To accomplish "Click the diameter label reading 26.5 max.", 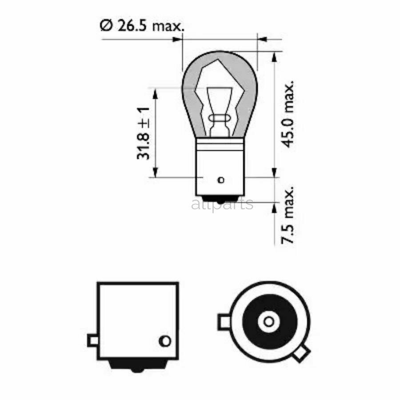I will [x=141, y=26].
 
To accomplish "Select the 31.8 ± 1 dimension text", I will [x=143, y=134].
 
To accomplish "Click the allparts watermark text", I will [x=222, y=204].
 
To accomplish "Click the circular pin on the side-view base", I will [x=164, y=341].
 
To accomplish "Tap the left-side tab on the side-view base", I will [x=92, y=341].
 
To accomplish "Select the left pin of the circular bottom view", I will [x=223, y=321].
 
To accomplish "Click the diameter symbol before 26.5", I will [x=105, y=26].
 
